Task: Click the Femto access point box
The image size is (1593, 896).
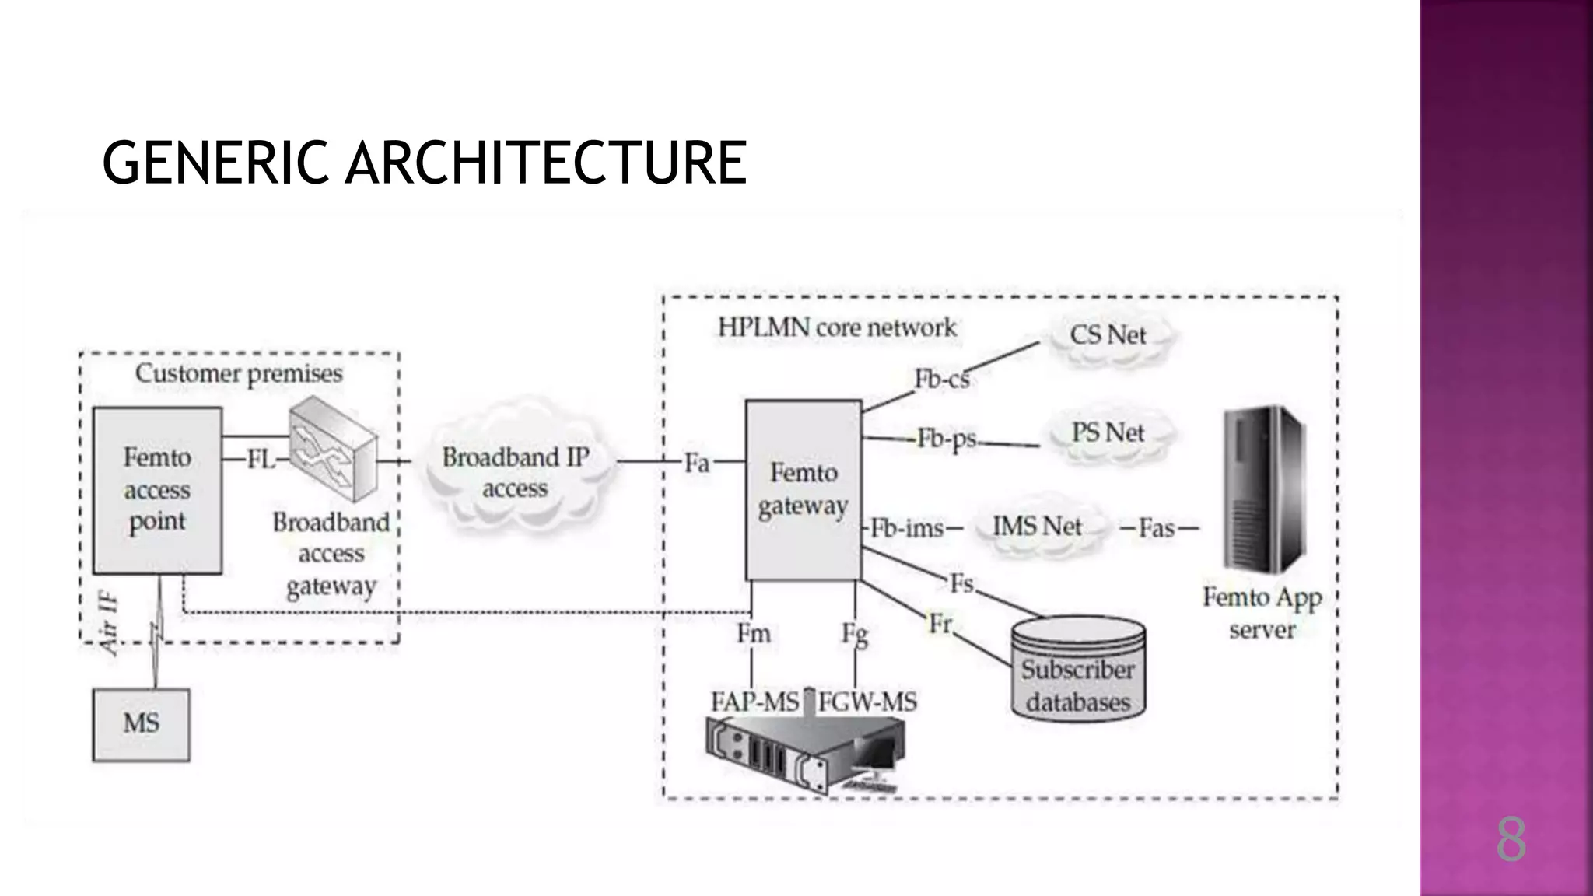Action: click(157, 490)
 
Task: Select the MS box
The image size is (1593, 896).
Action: click(141, 724)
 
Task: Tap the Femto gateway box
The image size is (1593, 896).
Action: click(804, 490)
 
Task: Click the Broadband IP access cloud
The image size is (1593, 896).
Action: click(516, 472)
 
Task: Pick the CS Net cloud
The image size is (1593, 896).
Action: click(1108, 336)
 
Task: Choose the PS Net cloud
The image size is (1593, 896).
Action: click(1108, 432)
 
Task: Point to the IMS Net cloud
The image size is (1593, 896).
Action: click(1037, 527)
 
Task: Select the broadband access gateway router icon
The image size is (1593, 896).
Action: click(333, 450)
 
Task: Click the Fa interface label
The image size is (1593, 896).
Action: click(697, 464)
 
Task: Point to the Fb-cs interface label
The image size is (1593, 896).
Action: click(941, 380)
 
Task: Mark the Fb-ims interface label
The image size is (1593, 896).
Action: click(907, 529)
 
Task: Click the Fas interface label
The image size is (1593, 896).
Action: click(1157, 529)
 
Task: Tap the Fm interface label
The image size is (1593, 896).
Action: click(753, 634)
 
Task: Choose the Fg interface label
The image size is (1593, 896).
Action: click(854, 635)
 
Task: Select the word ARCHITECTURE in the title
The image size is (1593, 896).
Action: click(545, 163)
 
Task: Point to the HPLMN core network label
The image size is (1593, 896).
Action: click(836, 327)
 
